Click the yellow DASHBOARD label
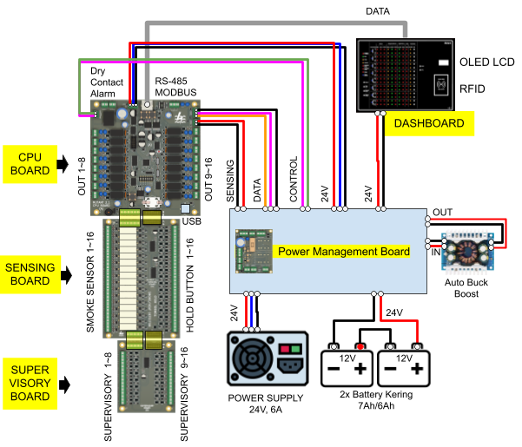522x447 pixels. pos(429,123)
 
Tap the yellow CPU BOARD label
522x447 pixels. pos(30,164)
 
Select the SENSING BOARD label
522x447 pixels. pos(30,274)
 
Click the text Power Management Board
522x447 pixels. pos(343,252)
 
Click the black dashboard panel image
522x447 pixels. pos(406,75)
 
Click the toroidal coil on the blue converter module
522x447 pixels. pos(468,252)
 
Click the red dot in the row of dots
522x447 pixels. pos(360,347)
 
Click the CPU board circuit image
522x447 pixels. pos(144,156)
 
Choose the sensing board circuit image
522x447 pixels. pos(141,276)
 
